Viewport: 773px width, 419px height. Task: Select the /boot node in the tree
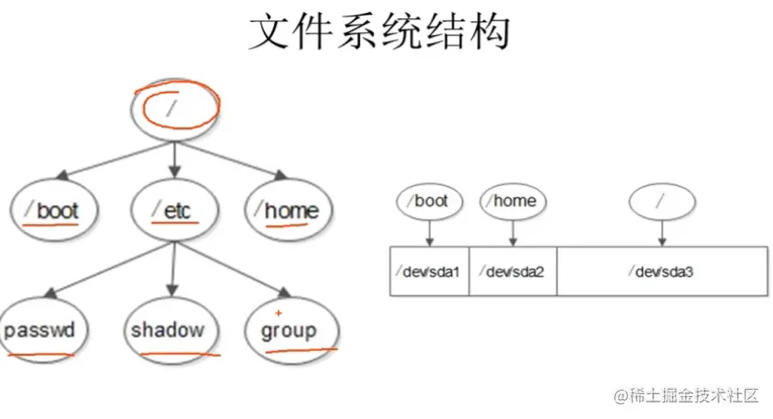(x=53, y=211)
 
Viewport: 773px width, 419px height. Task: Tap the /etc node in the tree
(x=174, y=211)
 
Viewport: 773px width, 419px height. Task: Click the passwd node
(x=39, y=330)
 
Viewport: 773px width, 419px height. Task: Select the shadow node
(x=167, y=330)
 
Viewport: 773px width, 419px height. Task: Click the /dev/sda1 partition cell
(x=429, y=271)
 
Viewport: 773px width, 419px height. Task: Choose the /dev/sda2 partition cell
(x=513, y=271)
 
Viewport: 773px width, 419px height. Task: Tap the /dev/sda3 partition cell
(x=662, y=271)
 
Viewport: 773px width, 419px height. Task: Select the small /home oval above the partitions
(x=513, y=201)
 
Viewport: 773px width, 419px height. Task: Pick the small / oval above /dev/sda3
(x=662, y=201)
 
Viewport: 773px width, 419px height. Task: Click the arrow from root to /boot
(x=101, y=160)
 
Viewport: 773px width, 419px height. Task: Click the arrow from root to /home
(x=246, y=160)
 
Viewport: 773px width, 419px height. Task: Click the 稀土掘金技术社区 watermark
(x=687, y=396)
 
